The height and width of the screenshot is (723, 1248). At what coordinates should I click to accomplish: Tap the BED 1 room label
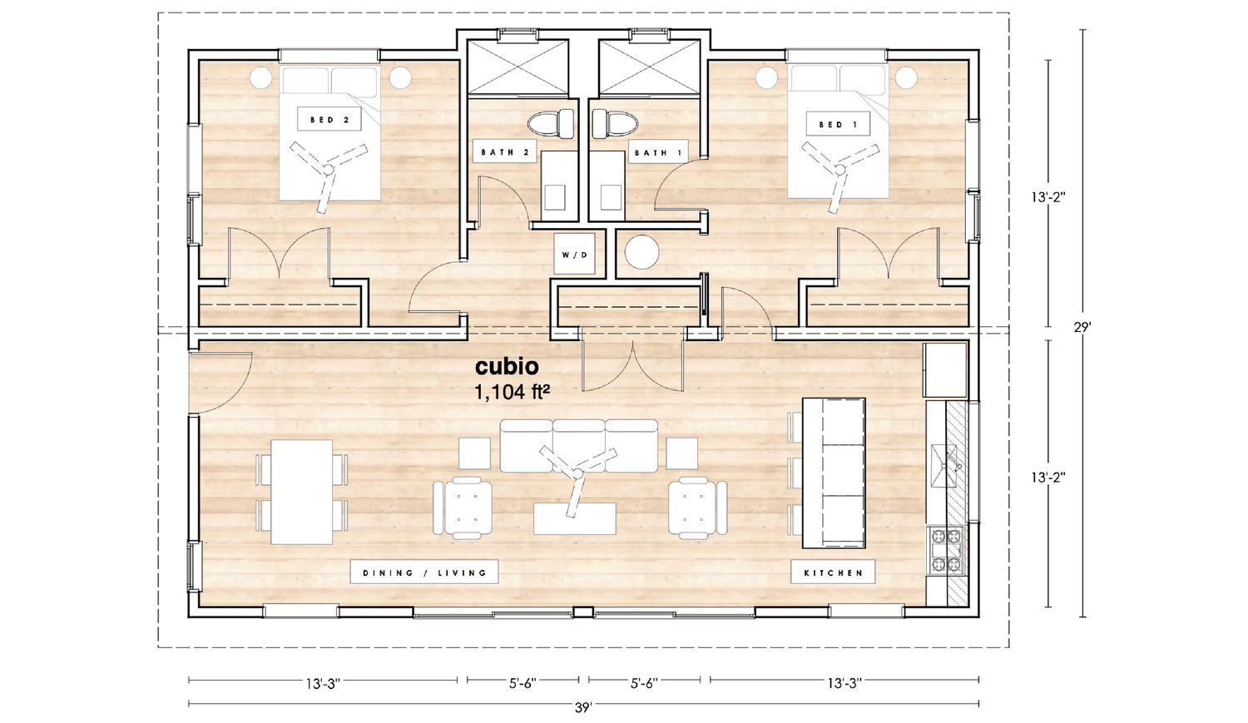pyautogui.click(x=837, y=125)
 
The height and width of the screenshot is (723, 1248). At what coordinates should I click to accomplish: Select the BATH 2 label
pyautogui.click(x=504, y=152)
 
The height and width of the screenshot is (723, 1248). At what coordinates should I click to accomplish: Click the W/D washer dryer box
pyautogui.click(x=574, y=254)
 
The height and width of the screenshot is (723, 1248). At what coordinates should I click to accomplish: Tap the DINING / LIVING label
pyautogui.click(x=424, y=572)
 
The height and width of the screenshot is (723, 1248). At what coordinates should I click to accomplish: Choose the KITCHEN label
pyautogui.click(x=833, y=572)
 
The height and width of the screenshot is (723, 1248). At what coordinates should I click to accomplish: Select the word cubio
pyautogui.click(x=507, y=367)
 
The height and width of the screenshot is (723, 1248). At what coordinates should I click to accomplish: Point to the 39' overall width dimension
pyautogui.click(x=583, y=707)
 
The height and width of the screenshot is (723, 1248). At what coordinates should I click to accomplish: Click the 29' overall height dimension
pyautogui.click(x=1082, y=327)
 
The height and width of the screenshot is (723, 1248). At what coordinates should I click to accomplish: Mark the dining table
pyautogui.click(x=302, y=491)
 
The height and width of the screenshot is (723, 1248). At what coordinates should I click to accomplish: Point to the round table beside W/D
pyautogui.click(x=641, y=253)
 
